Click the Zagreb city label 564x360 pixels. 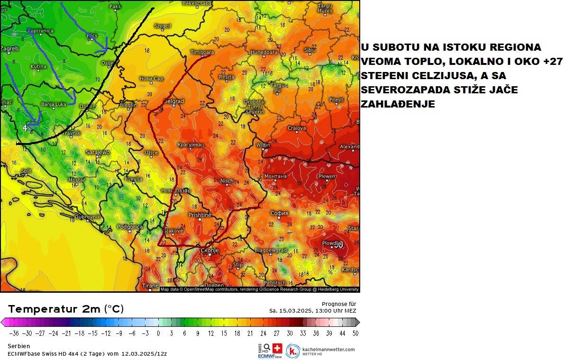[9, 48]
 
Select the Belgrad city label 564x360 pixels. [173, 101]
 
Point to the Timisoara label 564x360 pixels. [202, 52]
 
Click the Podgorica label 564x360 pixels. [129, 227]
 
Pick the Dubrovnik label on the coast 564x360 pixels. [87, 216]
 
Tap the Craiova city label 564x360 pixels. [297, 128]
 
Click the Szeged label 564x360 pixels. [163, 26]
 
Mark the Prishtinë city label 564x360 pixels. [200, 215]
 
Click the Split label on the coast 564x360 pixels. [26, 171]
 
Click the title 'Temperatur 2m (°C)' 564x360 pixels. [66, 309]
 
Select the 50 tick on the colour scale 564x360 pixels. [355, 333]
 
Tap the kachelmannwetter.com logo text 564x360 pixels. [328, 349]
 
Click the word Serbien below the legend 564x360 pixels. [19, 346]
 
